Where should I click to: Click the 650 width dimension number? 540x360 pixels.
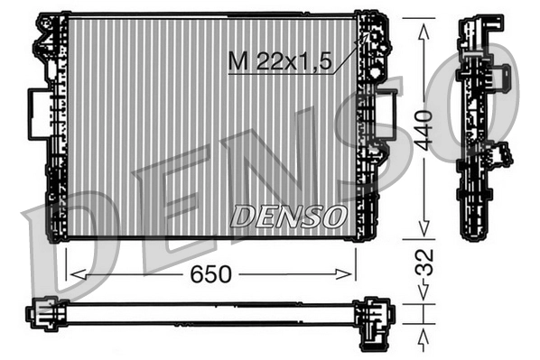[x=209, y=273]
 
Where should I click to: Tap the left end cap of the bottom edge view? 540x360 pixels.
[x=42, y=313]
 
